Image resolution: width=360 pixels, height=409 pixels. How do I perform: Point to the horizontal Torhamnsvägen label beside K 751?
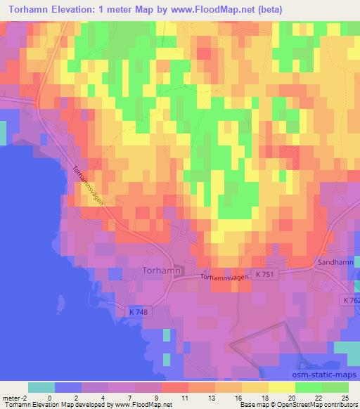[x=225, y=278]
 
